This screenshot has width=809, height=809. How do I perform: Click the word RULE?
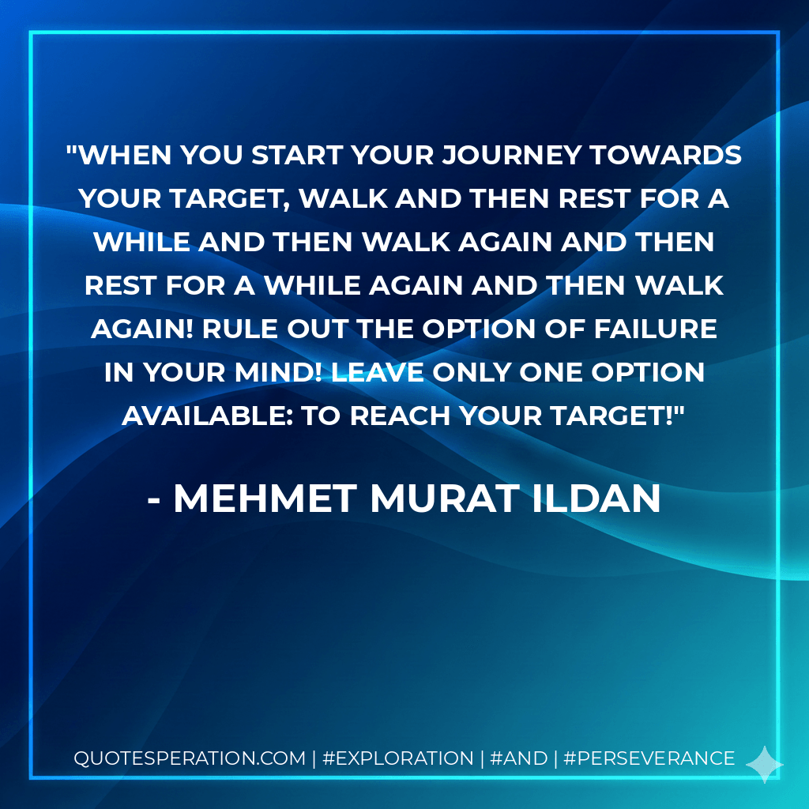[237, 328]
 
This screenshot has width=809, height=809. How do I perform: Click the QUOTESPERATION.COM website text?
[190, 758]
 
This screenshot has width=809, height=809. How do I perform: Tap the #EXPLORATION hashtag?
[398, 758]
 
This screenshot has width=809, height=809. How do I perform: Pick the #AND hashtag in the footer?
[519, 758]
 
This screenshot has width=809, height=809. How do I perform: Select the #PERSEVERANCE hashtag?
[649, 758]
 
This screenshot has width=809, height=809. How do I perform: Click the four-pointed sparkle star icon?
[764, 764]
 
